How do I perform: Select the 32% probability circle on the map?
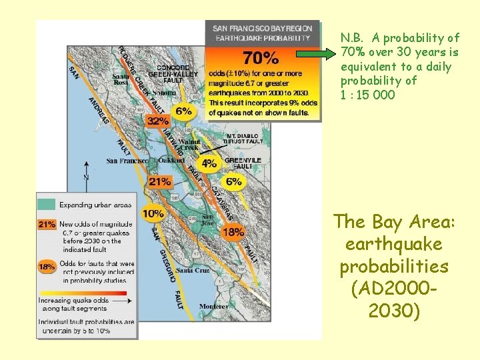click(157, 121)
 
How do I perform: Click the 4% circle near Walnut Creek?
click(209, 163)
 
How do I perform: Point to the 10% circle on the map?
click(153, 214)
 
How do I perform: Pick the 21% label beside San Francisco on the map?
click(160, 181)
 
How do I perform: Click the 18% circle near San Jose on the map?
click(233, 231)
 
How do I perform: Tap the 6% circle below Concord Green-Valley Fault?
click(184, 111)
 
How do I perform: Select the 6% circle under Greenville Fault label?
click(234, 181)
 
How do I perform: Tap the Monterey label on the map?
click(213, 306)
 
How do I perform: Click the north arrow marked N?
click(86, 177)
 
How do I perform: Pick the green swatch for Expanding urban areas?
click(47, 205)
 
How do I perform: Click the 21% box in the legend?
click(47, 225)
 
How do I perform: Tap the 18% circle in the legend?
click(47, 267)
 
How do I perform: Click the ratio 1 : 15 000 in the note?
click(367, 95)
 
